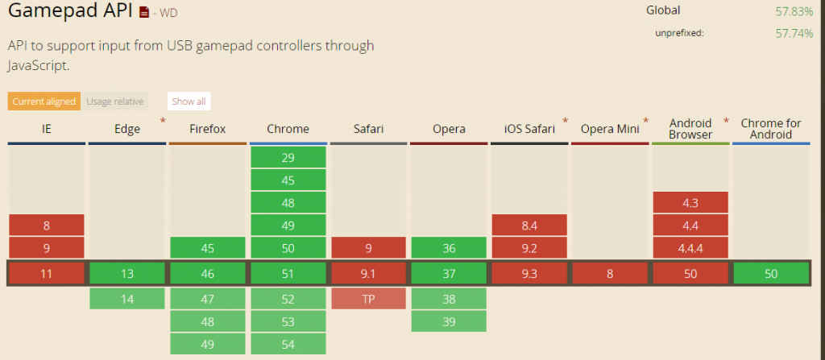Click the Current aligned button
tap(44, 101)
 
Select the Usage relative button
tap(115, 101)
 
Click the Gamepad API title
tap(71, 13)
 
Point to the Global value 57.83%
tap(794, 11)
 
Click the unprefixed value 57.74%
tap(794, 34)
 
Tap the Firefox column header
tap(207, 129)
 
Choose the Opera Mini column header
tap(609, 129)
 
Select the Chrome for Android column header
tap(771, 129)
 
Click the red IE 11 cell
tap(47, 274)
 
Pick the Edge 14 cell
tap(127, 299)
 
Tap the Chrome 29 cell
tap(288, 158)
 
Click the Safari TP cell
tap(368, 299)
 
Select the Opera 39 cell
tap(449, 321)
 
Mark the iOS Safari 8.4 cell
tap(529, 226)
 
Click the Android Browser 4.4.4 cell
tap(690, 248)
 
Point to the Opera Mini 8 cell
tap(610, 274)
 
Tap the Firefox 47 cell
tap(207, 299)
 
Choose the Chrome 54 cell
tap(288, 344)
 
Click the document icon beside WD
tap(144, 13)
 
